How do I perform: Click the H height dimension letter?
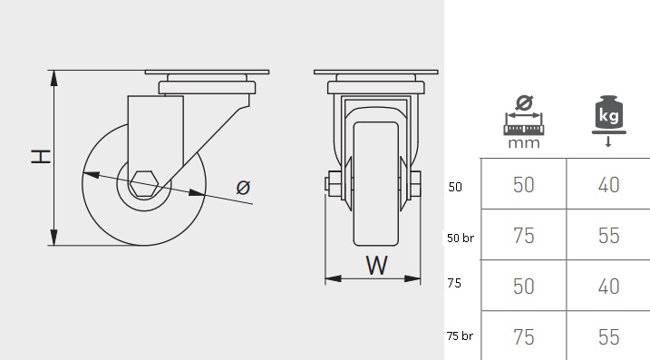click(x=41, y=157)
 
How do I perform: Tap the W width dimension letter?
click(x=376, y=266)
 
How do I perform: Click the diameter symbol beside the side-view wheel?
click(x=243, y=188)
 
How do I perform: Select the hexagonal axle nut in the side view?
click(x=144, y=183)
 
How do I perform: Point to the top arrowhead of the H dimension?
click(x=53, y=78)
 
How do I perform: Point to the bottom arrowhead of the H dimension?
click(x=53, y=238)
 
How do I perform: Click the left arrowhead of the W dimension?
click(x=334, y=278)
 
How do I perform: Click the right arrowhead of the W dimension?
click(x=412, y=278)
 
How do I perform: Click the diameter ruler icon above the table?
click(x=524, y=115)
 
